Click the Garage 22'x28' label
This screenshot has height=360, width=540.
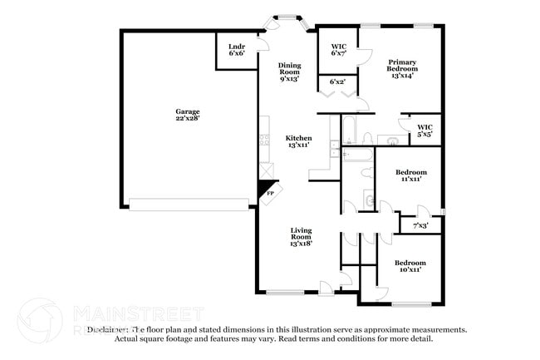click(187, 116)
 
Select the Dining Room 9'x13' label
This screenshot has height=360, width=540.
click(288, 72)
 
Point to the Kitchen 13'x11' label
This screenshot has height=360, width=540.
click(298, 141)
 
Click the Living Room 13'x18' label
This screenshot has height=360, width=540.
click(301, 238)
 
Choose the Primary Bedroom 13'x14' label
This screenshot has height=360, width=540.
click(400, 68)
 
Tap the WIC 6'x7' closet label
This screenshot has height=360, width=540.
click(338, 50)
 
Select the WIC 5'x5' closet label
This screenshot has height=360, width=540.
click(425, 131)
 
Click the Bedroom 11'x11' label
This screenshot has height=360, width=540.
click(410, 175)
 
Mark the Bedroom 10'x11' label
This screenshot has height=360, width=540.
click(410, 266)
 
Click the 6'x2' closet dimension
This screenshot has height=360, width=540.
click(338, 82)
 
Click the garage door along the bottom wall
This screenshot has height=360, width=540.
click(189, 204)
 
